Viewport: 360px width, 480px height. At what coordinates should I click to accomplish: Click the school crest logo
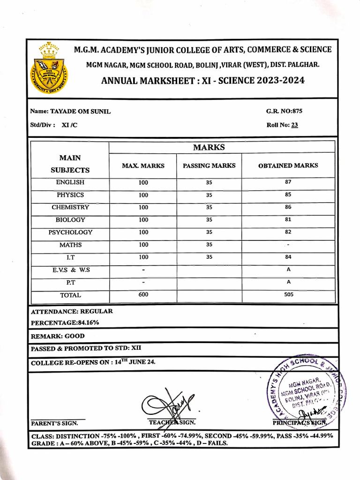[49, 68]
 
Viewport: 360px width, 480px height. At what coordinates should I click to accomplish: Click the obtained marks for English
[288, 182]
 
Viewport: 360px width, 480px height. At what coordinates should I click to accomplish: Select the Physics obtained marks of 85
[288, 194]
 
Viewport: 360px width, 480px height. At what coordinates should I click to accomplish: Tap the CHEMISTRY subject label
[70, 207]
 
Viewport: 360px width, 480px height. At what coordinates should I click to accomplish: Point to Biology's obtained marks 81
[288, 219]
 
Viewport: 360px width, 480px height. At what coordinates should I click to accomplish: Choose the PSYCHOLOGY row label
[70, 232]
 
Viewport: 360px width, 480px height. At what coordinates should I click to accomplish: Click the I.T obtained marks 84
[288, 257]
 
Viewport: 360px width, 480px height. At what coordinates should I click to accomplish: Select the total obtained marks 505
[288, 295]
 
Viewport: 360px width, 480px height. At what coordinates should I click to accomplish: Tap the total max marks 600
[143, 294]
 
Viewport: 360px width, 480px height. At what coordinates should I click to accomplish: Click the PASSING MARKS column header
[209, 165]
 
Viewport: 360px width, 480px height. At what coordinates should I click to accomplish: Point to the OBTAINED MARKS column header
[288, 165]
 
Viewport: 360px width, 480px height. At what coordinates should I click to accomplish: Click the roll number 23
[294, 125]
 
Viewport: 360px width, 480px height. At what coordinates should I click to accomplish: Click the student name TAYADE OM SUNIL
[80, 111]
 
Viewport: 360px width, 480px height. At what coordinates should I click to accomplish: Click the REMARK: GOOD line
[58, 336]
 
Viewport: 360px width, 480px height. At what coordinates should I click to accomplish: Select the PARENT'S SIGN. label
[54, 423]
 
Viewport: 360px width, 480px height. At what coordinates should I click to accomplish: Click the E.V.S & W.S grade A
[288, 270]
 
